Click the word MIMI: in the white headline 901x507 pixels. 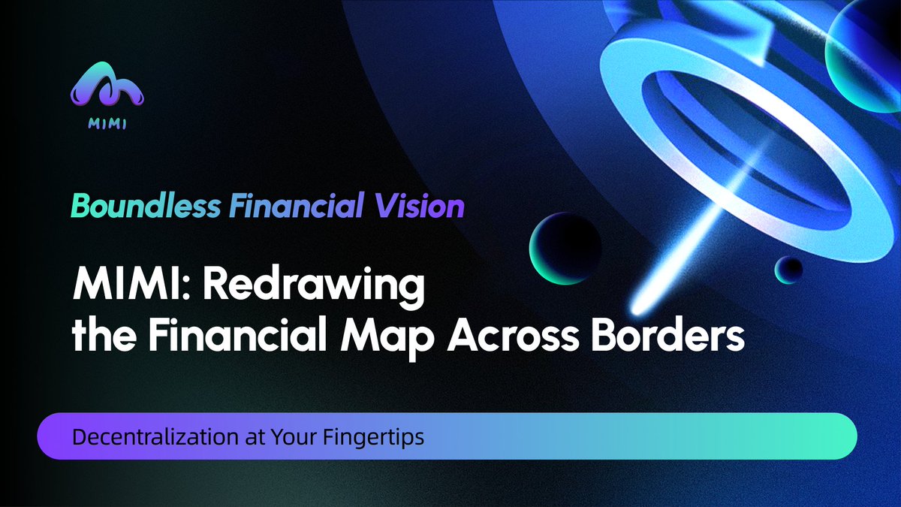click(120, 288)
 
